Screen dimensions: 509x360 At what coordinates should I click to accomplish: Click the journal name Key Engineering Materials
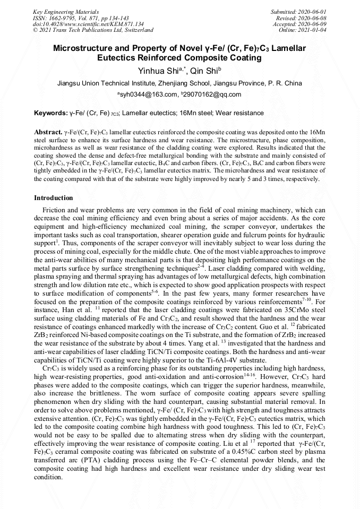[58, 11]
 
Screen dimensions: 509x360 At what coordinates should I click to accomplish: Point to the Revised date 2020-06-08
[313, 18]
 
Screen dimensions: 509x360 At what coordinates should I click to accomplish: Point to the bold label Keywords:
[50, 113]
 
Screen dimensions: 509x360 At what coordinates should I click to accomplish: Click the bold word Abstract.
[48, 131]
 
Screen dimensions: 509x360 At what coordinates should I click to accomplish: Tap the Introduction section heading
[53, 198]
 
